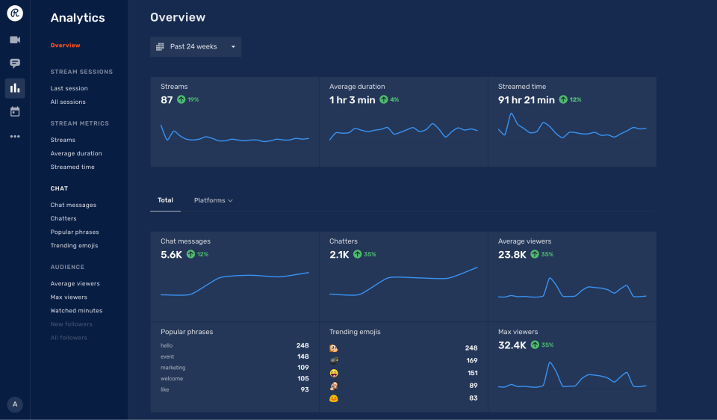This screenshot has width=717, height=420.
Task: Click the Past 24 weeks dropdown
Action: click(195, 47)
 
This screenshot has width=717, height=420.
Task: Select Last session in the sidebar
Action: click(69, 88)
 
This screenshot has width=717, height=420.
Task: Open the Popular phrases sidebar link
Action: click(75, 232)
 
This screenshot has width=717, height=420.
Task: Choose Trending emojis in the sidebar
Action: click(74, 246)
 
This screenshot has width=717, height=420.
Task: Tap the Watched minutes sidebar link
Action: click(76, 311)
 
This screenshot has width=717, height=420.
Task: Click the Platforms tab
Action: click(213, 200)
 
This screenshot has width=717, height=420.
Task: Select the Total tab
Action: click(165, 200)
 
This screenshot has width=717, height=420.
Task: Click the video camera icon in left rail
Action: click(15, 40)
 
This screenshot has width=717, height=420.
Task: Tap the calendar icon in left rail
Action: click(15, 112)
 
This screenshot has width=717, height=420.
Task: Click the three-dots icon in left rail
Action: click(15, 137)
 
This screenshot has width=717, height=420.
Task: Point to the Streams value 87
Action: click(167, 99)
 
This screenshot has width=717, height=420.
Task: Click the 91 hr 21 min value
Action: click(526, 99)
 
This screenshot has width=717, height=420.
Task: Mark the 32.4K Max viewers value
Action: click(512, 345)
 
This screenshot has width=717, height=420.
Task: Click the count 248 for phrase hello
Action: click(302, 346)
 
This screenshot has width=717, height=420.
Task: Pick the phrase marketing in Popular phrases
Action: click(173, 368)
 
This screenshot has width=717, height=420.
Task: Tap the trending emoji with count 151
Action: click(334, 373)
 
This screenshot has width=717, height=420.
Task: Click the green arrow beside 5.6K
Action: click(190, 255)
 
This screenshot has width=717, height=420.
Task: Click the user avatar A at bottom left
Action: click(15, 404)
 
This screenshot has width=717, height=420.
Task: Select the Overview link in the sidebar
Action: click(65, 46)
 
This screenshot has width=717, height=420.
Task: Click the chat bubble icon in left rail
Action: click(15, 64)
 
